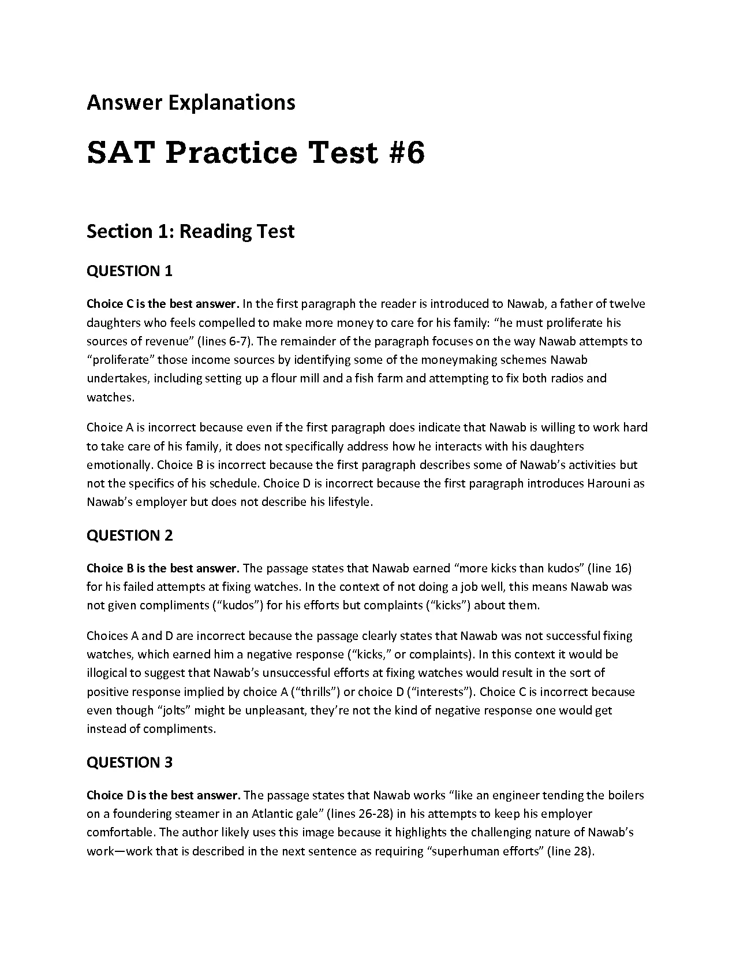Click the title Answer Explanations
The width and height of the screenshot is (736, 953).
tap(190, 103)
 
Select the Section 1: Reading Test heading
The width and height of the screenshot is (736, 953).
tap(190, 232)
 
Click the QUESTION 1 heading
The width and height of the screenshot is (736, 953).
tap(129, 271)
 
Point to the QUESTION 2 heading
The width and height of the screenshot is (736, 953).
tap(129, 535)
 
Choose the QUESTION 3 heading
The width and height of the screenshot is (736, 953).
tap(129, 762)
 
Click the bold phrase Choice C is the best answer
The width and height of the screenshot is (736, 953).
tap(163, 304)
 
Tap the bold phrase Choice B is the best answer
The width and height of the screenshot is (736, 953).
tap(163, 568)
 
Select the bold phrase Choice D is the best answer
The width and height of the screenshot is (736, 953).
tap(163, 795)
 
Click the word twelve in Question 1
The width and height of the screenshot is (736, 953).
tap(627, 304)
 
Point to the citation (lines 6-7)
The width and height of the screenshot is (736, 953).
tap(226, 341)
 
